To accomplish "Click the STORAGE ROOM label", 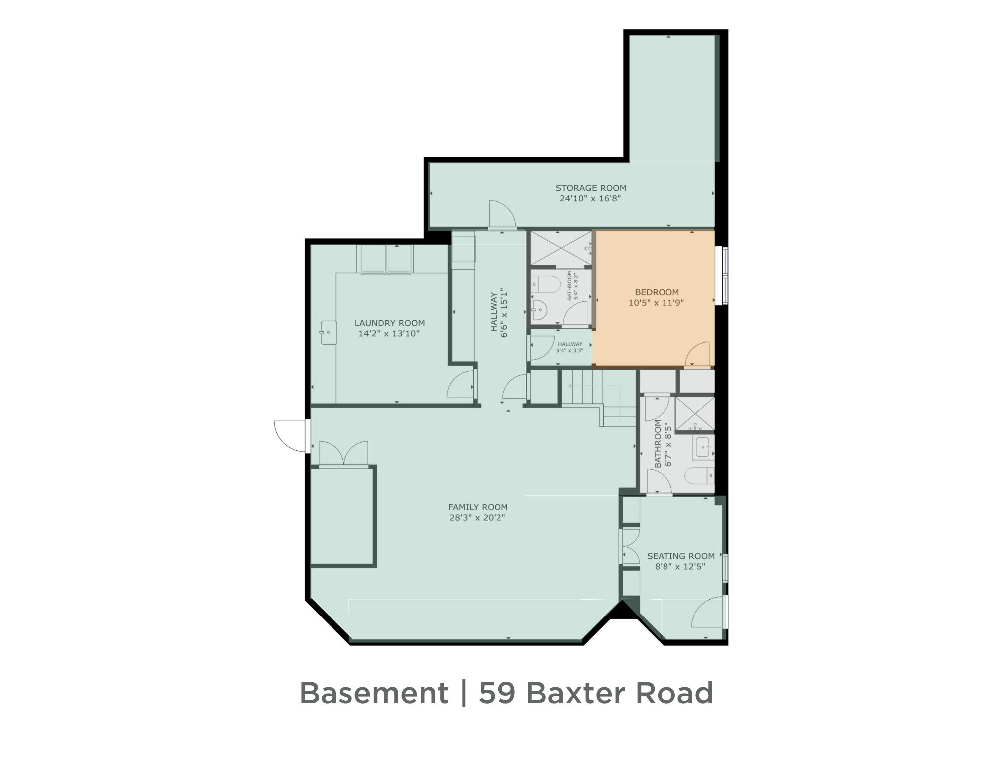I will [591, 188].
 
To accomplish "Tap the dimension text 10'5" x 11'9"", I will [656, 302].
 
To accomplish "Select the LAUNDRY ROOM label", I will [389, 323].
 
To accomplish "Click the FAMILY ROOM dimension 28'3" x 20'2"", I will [478, 517].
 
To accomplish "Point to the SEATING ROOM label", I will [680, 556].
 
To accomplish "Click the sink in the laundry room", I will [329, 333].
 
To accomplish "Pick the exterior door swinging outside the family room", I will [290, 436].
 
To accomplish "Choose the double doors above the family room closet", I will [343, 454].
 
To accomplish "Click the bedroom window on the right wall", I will [724, 275].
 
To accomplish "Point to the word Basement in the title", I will [374, 693].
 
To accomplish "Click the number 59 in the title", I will [497, 693].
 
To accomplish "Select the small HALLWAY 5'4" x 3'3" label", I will [570, 347].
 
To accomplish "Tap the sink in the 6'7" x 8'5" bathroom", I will [703, 447].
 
